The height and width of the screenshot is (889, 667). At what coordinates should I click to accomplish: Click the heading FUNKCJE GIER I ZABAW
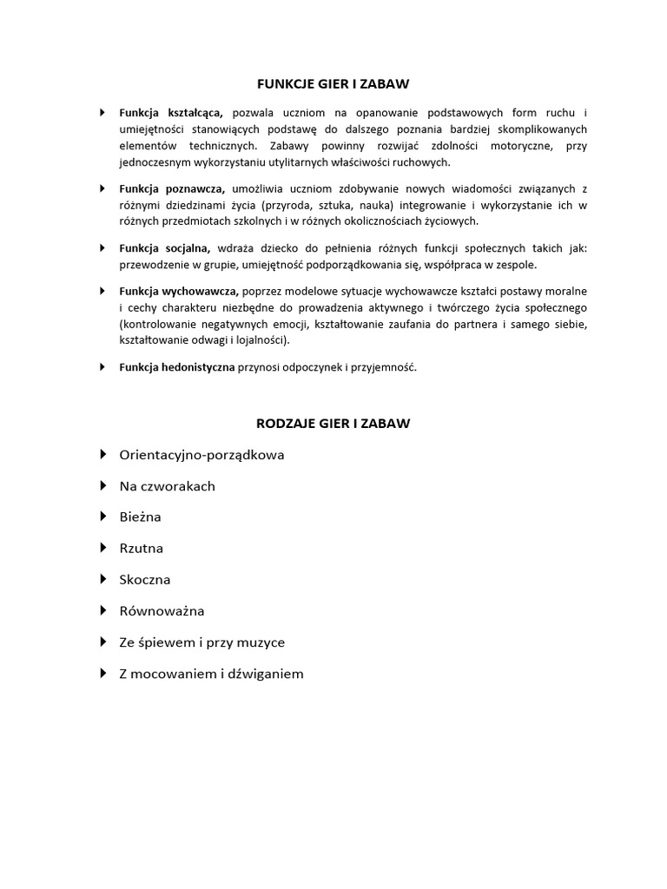333,84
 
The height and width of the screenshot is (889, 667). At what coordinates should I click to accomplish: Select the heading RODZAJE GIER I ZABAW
333,424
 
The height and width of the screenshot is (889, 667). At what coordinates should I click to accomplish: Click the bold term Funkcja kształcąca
171,113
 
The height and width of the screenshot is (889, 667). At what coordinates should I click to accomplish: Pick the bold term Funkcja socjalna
164,248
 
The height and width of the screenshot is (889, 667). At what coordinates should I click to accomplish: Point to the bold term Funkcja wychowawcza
179,292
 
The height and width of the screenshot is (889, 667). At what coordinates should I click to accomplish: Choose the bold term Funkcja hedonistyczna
177,367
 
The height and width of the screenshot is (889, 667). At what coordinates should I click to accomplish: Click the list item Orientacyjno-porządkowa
201,455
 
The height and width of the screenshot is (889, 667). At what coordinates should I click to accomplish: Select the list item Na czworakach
167,486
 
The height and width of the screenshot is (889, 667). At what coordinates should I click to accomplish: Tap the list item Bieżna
140,517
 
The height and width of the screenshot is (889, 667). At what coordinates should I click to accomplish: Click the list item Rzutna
141,549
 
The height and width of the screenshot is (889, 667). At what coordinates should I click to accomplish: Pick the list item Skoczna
144,580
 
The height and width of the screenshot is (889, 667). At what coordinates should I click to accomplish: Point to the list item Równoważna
162,611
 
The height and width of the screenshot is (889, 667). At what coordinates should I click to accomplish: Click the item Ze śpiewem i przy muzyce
201,642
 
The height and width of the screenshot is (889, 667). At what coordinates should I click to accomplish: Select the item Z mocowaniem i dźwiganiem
211,674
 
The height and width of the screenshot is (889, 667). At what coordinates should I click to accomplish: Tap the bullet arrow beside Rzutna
102,548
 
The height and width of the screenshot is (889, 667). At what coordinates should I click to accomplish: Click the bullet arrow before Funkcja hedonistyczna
102,367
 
